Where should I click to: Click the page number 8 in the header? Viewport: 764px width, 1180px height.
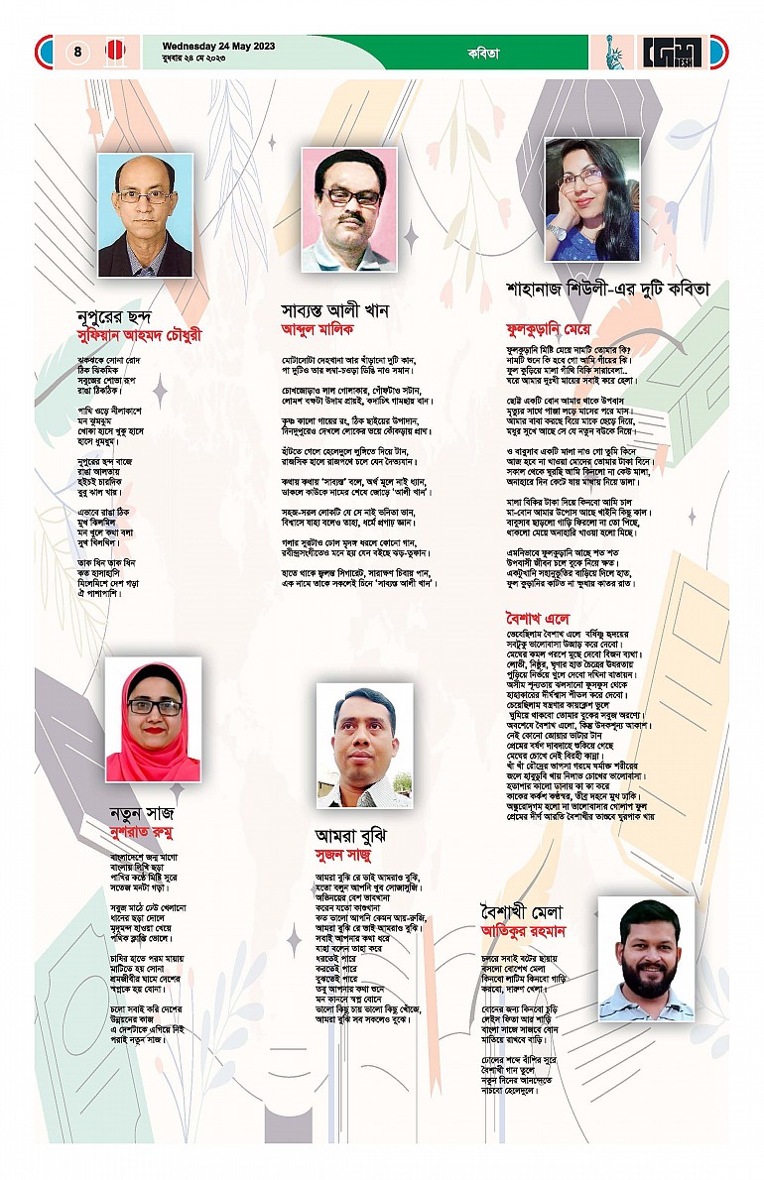(78, 53)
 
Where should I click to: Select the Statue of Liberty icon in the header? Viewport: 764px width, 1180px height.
(617, 53)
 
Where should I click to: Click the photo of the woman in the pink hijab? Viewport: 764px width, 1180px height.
(153, 720)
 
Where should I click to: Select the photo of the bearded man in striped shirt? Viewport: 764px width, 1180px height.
(646, 946)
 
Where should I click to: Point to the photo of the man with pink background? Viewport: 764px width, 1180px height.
(349, 209)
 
